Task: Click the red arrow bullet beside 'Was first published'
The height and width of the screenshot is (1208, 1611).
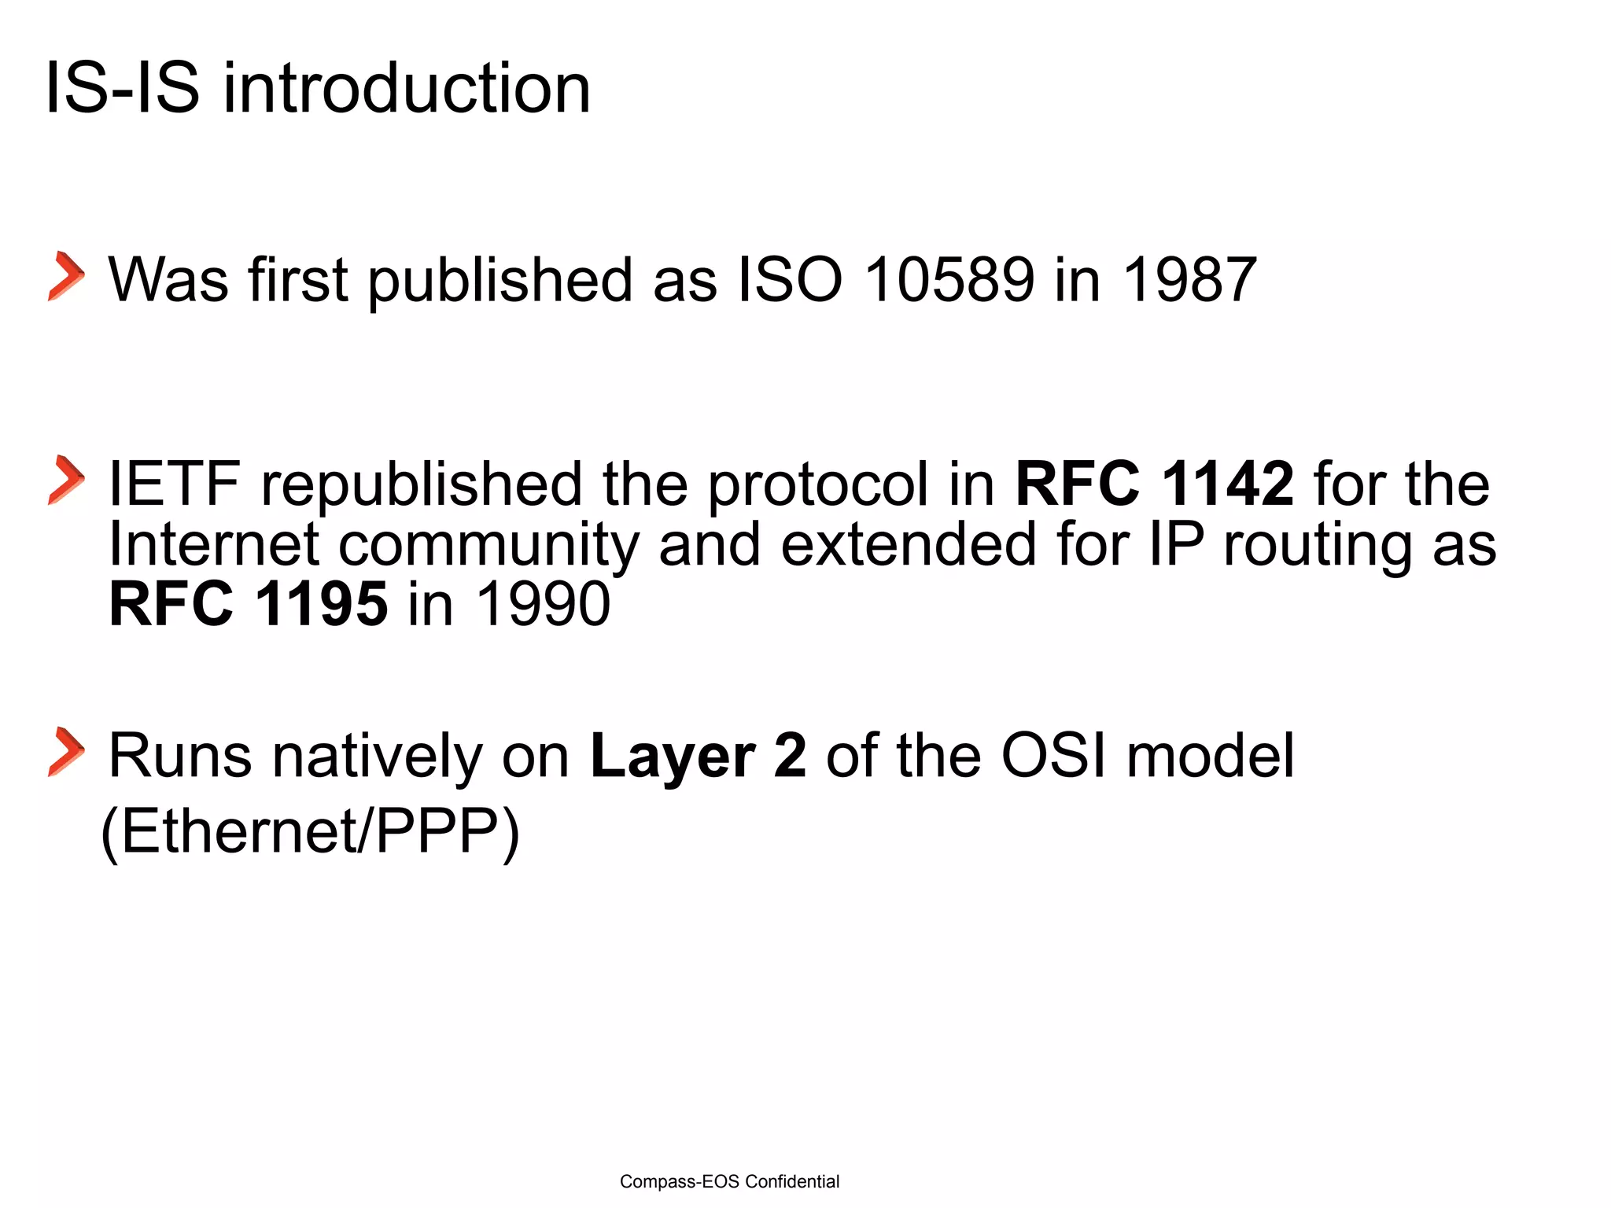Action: [66, 277]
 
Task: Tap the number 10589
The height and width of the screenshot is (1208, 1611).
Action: [949, 280]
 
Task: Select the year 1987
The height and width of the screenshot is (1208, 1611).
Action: [1189, 280]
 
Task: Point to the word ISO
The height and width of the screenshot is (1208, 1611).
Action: [790, 280]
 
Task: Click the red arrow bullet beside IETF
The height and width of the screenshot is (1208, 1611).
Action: [66, 480]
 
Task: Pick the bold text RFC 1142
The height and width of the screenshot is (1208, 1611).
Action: [1154, 484]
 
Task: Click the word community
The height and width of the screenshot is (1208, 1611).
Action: [488, 546]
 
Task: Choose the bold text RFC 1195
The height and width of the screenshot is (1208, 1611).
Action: [249, 604]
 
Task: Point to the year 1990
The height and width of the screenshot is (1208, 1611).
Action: [543, 604]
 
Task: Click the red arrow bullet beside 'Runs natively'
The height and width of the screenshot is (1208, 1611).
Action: [66, 752]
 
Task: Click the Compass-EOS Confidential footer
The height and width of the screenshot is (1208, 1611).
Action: [729, 1181]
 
